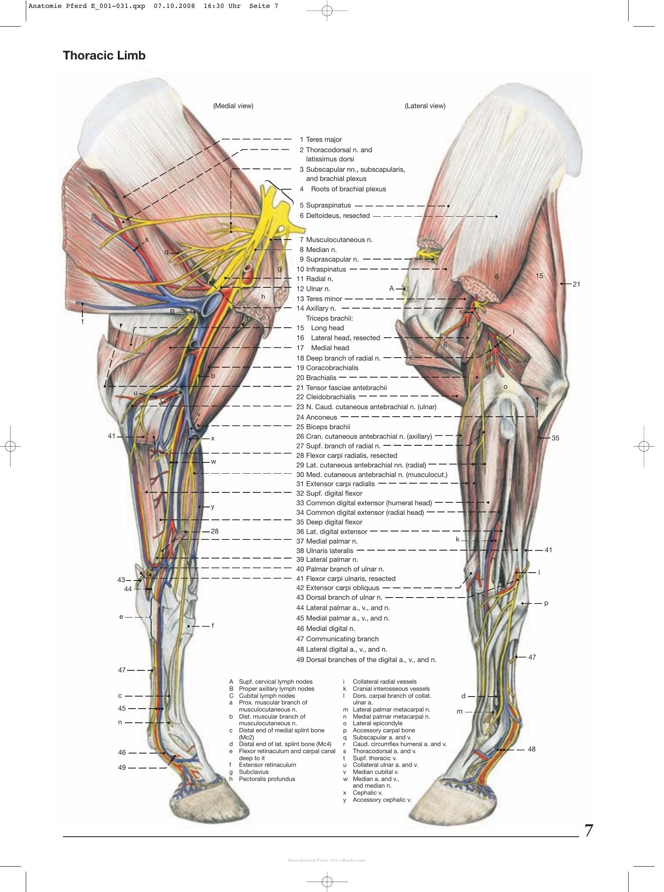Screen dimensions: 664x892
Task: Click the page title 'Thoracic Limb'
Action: click(x=104, y=56)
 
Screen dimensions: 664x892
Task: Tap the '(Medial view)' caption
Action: click(x=233, y=106)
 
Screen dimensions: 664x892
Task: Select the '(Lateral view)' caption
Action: click(x=425, y=106)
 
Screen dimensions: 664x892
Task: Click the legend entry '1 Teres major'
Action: click(x=321, y=140)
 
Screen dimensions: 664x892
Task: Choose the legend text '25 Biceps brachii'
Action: click(x=323, y=427)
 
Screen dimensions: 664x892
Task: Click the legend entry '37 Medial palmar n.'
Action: click(x=327, y=541)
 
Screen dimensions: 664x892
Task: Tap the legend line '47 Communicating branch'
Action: click(x=338, y=639)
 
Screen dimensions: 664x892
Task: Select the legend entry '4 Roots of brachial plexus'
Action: click(x=343, y=189)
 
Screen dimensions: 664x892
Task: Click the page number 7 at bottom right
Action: click(x=589, y=830)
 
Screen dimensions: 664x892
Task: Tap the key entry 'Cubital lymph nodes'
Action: click(x=266, y=696)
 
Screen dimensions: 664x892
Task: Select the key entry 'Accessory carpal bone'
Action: click(x=383, y=730)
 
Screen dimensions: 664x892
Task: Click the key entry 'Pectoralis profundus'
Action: click(x=267, y=779)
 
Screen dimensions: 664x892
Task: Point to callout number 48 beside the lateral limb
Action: click(x=532, y=749)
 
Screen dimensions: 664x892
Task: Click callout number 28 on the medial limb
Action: click(x=215, y=531)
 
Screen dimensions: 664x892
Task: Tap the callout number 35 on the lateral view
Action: click(x=555, y=438)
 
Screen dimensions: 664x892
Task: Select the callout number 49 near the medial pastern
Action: click(x=122, y=768)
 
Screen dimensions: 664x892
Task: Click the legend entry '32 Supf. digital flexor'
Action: click(x=329, y=493)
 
